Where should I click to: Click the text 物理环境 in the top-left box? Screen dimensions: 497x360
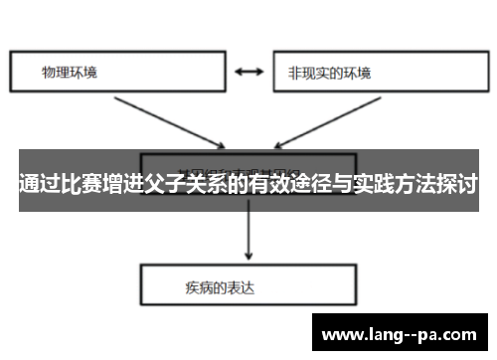coord(70,73)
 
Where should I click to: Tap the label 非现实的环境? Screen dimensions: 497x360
coord(329,73)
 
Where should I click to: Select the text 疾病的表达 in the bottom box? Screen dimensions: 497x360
coord(214,287)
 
